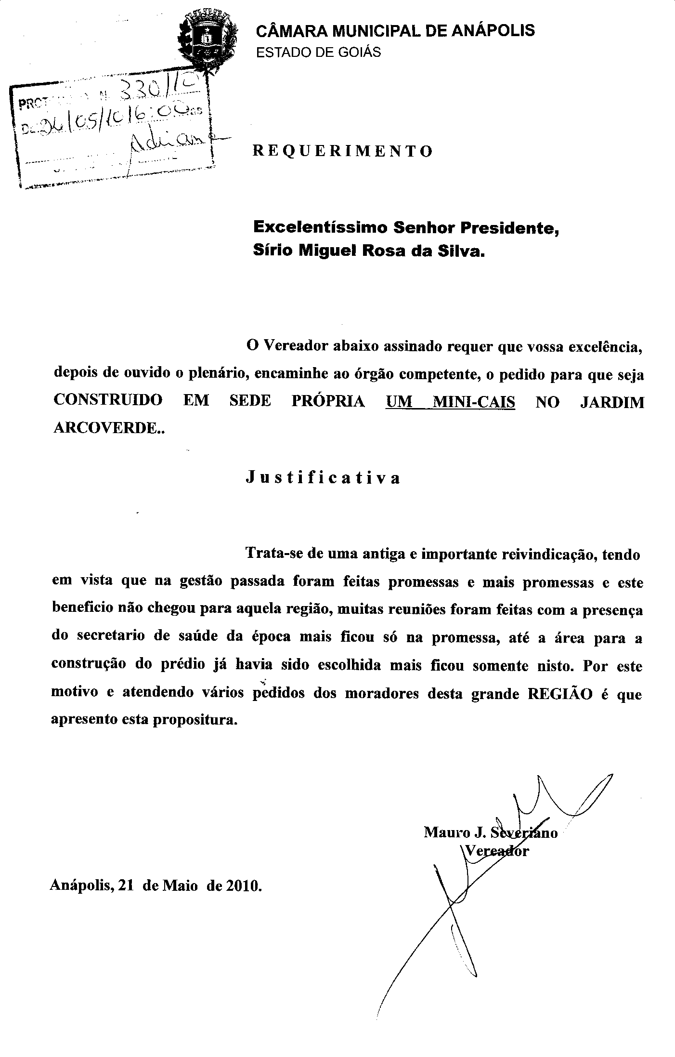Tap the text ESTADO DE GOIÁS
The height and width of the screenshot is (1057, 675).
pyautogui.click(x=318, y=53)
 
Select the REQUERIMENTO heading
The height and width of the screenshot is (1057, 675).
pyautogui.click(x=343, y=152)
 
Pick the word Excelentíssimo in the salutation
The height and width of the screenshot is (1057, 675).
pyautogui.click(x=321, y=227)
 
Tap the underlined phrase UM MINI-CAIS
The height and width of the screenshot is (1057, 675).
pyautogui.click(x=450, y=401)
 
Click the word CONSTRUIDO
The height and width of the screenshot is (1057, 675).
pyautogui.click(x=107, y=401)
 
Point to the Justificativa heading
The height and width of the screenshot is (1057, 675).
pyautogui.click(x=323, y=478)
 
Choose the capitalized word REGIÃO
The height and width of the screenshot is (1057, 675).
pyautogui.click(x=560, y=694)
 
